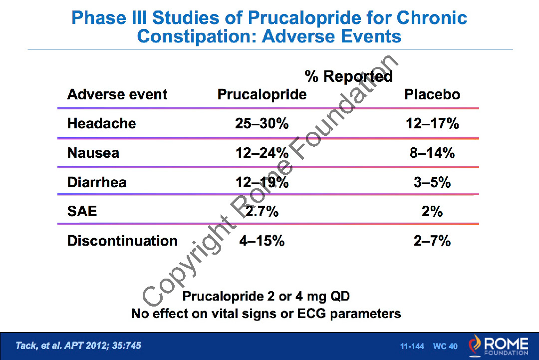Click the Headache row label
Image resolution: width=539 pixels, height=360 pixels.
point(101,123)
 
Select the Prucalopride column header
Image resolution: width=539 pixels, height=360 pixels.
point(262,94)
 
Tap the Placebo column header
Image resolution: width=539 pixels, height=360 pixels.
point(432,94)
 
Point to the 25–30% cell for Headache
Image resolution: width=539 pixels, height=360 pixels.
point(262,123)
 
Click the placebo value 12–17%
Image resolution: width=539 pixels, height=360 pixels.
point(432,123)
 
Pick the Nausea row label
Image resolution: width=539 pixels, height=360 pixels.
point(93,153)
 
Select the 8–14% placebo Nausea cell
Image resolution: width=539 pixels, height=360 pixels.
point(432,153)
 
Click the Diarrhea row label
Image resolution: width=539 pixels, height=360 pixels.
point(97,182)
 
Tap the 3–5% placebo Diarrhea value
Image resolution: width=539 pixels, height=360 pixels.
point(432,182)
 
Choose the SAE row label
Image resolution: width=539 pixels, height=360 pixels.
point(82,211)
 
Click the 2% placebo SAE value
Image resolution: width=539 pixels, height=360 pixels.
point(432,211)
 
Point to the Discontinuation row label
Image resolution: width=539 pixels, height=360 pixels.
point(122,241)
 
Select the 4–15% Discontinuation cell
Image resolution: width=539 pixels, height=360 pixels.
point(262,241)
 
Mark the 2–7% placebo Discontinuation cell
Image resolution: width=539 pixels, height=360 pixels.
point(432,241)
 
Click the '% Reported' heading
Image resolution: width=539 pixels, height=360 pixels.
point(349,76)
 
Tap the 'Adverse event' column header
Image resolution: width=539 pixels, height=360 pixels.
point(117,94)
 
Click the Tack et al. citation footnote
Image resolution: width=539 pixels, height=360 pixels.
point(78,346)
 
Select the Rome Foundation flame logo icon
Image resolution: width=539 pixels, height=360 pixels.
point(476,345)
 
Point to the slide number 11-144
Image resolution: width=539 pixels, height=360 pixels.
point(412,346)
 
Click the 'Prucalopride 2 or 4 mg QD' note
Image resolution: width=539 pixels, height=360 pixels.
point(266,296)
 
